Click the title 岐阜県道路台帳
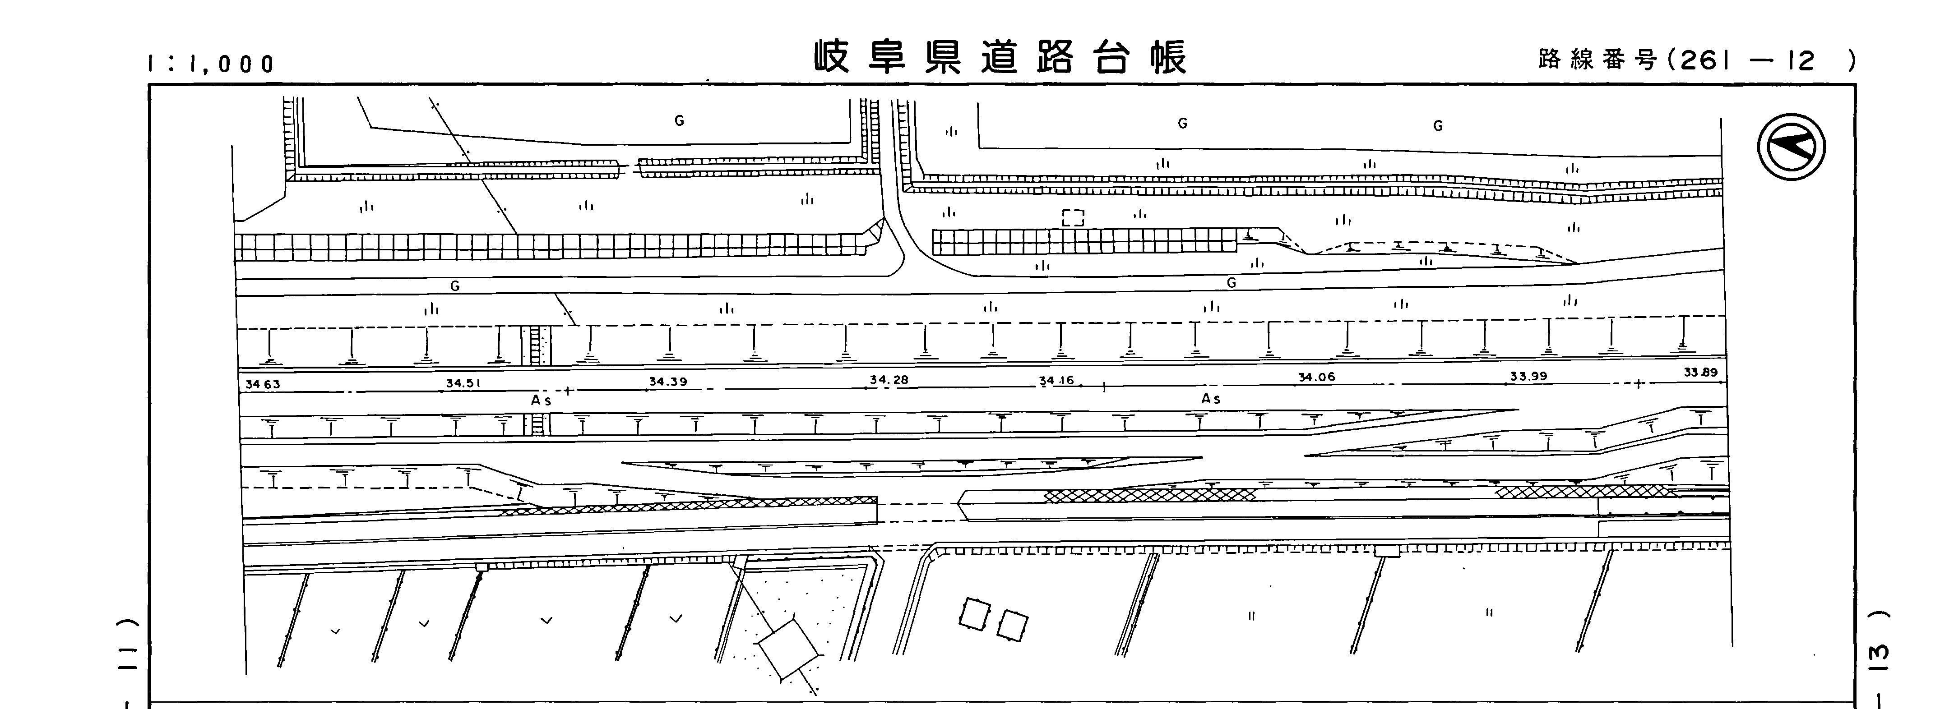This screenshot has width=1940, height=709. (x=1000, y=57)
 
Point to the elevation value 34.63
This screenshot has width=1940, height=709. (x=263, y=384)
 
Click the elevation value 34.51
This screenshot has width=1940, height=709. (x=463, y=382)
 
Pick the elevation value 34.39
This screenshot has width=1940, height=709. (x=668, y=382)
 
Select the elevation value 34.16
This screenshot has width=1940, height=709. (x=1056, y=380)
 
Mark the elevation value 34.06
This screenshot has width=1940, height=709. (x=1316, y=377)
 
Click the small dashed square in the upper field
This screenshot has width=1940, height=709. (x=1073, y=218)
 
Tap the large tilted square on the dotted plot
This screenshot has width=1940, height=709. (x=788, y=648)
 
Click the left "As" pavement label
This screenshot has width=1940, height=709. (x=541, y=401)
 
